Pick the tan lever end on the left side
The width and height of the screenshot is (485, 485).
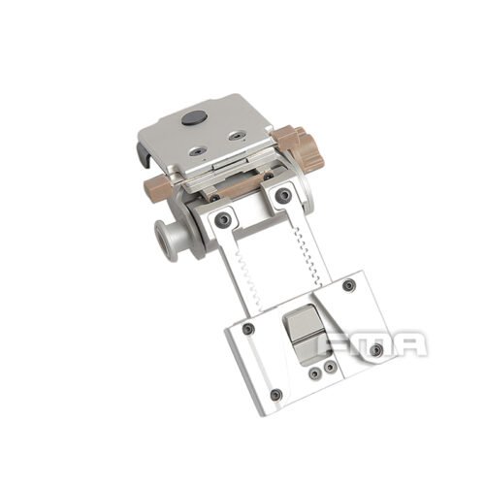(x=155, y=185)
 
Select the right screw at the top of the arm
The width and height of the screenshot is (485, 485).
(x=283, y=196)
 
